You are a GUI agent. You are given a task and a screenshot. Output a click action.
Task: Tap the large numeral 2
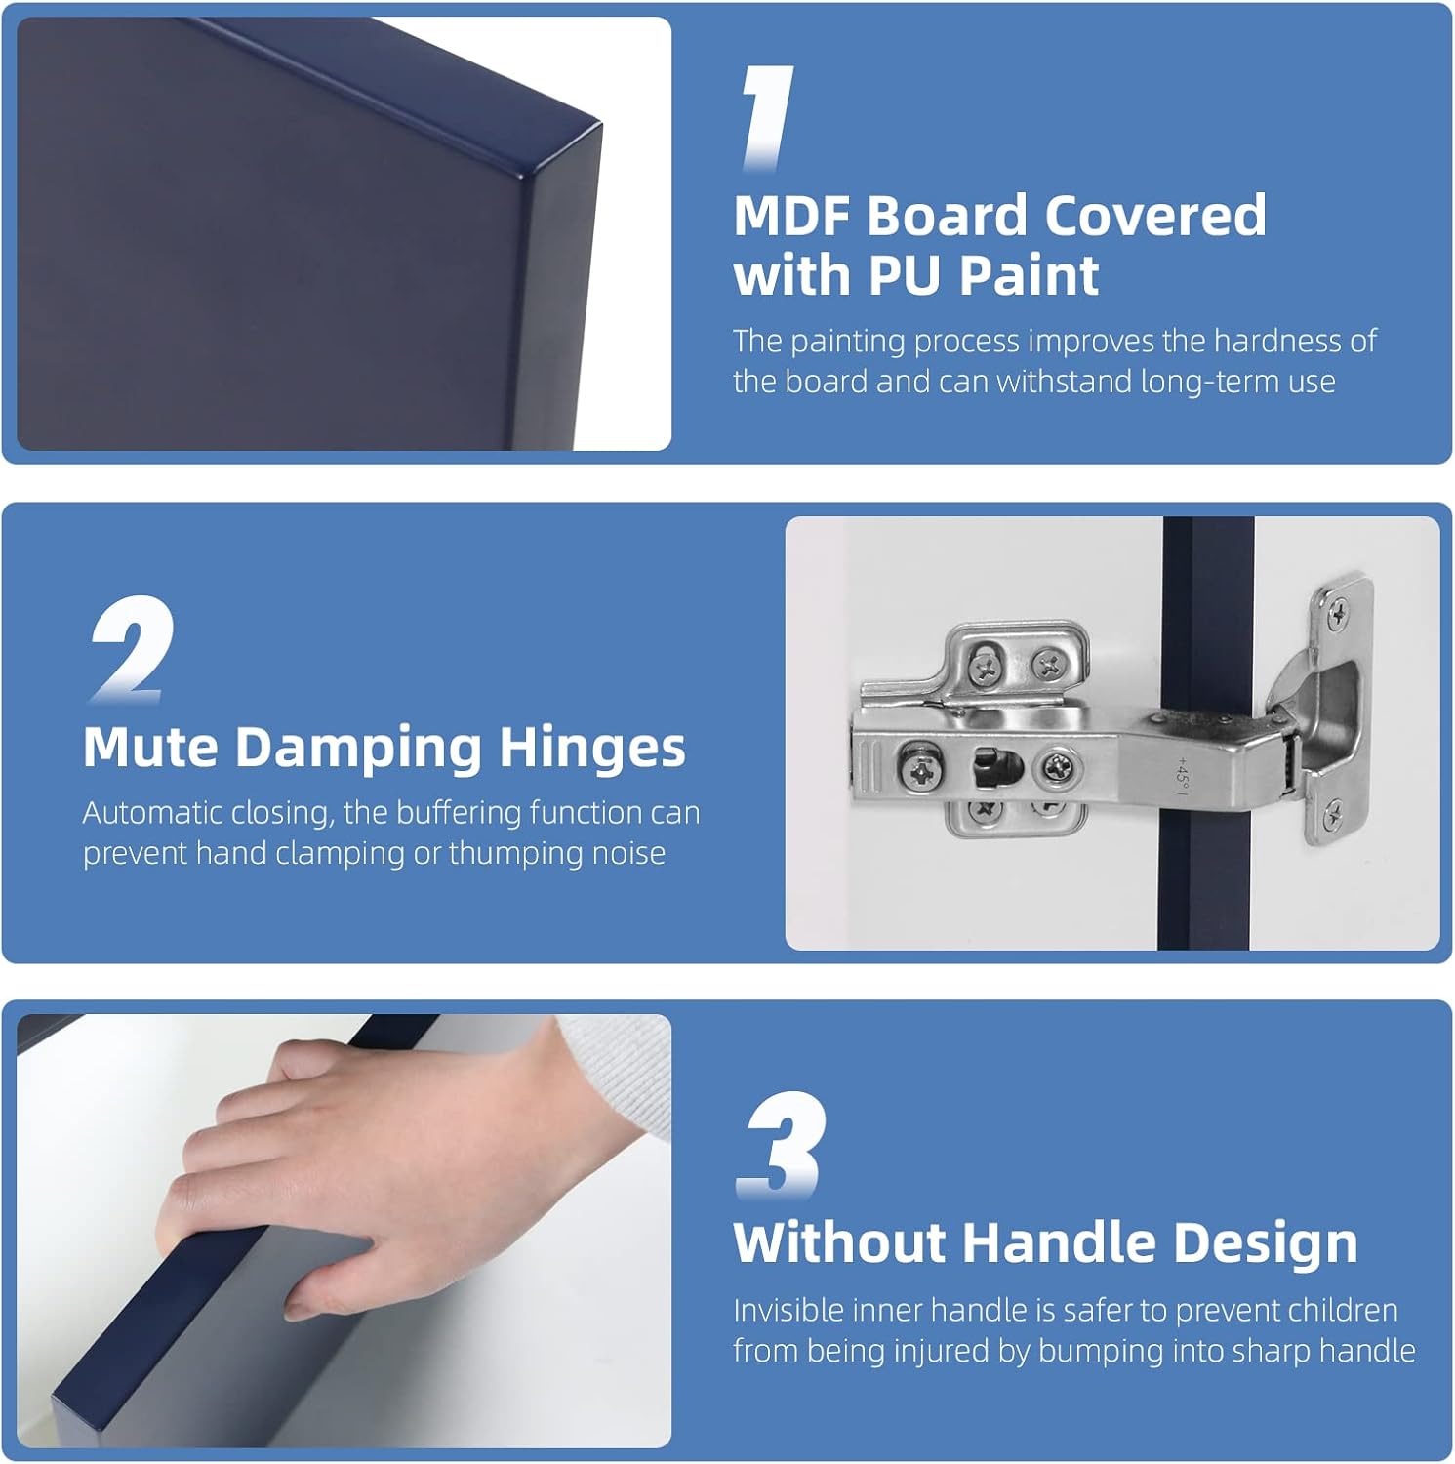point(132,648)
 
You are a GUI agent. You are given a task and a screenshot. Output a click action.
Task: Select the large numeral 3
point(781,1144)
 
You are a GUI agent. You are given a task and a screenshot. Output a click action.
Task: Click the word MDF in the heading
point(791,216)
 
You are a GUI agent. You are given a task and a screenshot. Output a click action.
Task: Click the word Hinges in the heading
point(592,750)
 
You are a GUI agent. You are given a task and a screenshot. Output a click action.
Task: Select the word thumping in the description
point(515,854)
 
